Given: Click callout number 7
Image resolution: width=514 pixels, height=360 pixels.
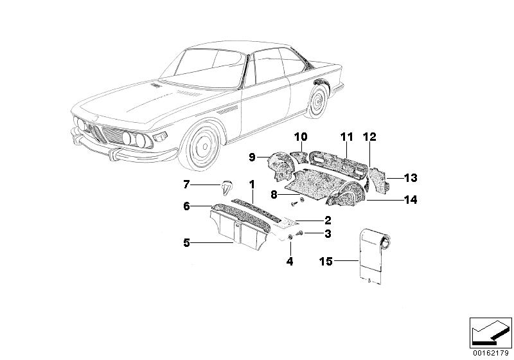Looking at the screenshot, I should pyautogui.click(x=186, y=185).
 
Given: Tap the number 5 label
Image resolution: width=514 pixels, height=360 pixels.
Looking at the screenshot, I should pyautogui.click(x=186, y=243).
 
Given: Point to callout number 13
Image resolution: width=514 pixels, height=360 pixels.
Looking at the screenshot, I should pyautogui.click(x=411, y=177).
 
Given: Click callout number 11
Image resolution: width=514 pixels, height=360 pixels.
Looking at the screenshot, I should pyautogui.click(x=347, y=137).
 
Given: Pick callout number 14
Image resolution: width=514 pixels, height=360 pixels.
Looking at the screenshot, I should pyautogui.click(x=411, y=200).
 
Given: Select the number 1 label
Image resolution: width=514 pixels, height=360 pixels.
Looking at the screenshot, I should pyautogui.click(x=253, y=184).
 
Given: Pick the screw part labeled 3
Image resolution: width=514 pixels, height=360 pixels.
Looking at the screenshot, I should pyautogui.click(x=299, y=233).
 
